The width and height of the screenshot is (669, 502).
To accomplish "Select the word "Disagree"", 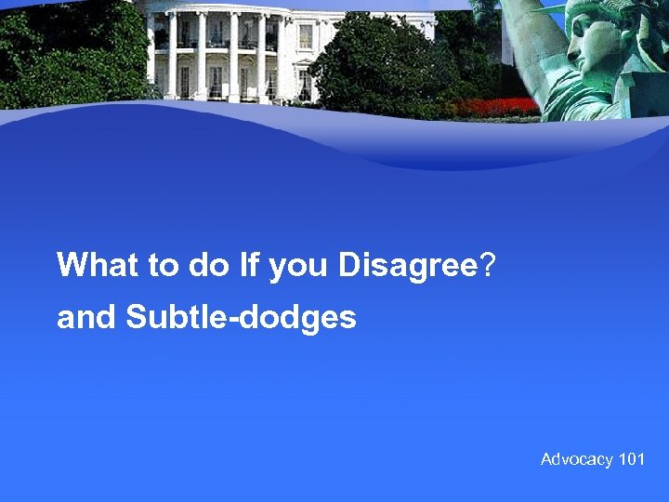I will (x=407, y=266).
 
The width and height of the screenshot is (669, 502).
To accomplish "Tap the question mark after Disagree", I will (x=488, y=266).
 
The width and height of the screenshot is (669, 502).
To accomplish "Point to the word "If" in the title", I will (x=249, y=266).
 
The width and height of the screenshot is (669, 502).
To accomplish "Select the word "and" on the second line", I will (x=87, y=318).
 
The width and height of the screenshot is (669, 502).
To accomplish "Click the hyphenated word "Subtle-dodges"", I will (x=241, y=319).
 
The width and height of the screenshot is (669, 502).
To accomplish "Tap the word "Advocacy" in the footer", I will (x=577, y=459).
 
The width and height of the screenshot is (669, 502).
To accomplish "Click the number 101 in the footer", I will (x=632, y=459).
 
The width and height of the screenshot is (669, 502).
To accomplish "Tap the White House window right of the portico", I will (x=306, y=36).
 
